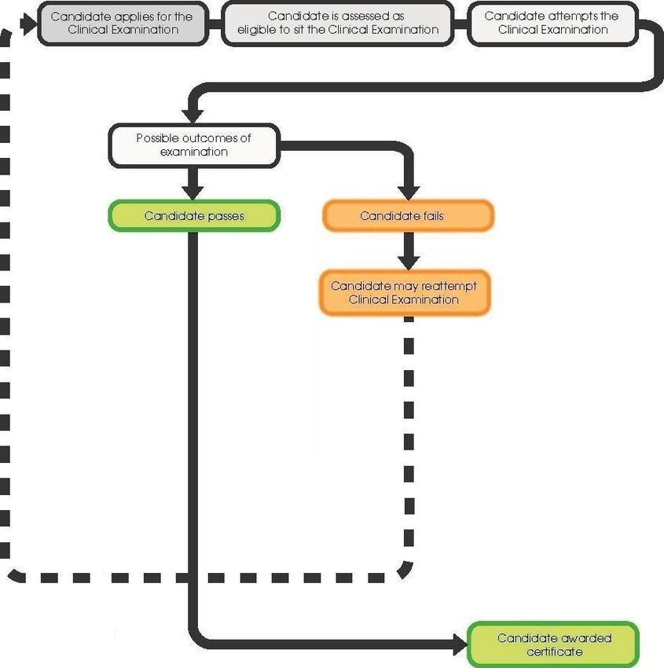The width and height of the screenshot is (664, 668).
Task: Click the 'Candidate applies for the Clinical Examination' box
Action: click(x=123, y=24)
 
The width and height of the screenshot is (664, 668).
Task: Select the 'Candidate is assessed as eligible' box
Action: click(x=338, y=24)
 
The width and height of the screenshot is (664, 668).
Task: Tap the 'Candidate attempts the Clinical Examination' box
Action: click(x=553, y=24)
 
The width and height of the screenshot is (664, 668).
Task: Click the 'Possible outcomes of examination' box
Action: click(x=194, y=145)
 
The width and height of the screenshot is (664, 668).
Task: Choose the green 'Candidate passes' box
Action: click(x=194, y=216)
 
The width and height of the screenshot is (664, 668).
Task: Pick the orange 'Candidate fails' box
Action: click(x=409, y=216)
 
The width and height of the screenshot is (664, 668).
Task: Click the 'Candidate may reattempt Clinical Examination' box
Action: click(x=405, y=292)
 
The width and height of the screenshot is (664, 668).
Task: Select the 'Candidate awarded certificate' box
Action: click(x=553, y=644)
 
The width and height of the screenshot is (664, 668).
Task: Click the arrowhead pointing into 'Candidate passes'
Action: click(x=193, y=193)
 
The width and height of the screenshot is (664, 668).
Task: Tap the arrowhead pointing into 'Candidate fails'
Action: click(x=409, y=193)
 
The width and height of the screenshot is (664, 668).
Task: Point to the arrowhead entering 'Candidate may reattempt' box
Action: click(x=409, y=262)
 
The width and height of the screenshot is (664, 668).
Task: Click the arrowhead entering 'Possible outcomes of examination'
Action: click(x=193, y=116)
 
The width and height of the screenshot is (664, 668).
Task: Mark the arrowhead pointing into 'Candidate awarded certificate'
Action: click(x=460, y=644)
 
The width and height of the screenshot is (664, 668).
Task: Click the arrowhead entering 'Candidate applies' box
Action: click(x=29, y=24)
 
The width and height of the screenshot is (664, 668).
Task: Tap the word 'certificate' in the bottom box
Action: click(x=555, y=651)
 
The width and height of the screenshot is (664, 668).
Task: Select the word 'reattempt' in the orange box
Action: click(x=449, y=286)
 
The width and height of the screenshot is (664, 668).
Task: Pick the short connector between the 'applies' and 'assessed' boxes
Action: click(x=215, y=24)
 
